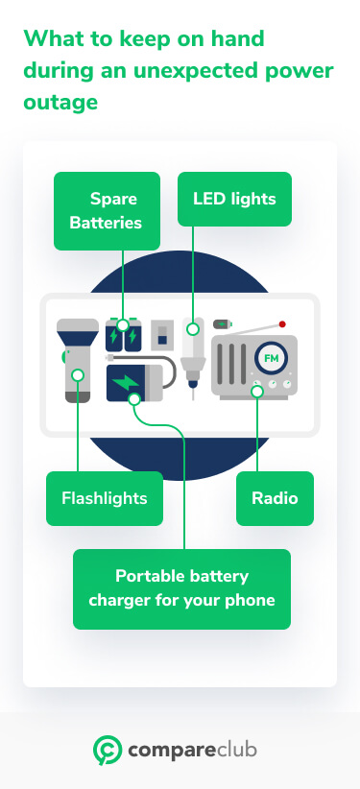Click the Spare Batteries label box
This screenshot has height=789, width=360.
(x=107, y=211)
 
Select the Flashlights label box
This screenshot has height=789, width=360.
(x=105, y=498)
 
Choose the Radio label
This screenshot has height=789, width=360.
(x=275, y=498)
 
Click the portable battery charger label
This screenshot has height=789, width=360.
(x=181, y=588)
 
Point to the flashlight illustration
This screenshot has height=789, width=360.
(x=78, y=360)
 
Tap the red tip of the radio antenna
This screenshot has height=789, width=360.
(x=282, y=324)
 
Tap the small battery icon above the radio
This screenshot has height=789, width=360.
(x=223, y=324)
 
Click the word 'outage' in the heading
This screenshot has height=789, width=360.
(x=60, y=101)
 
